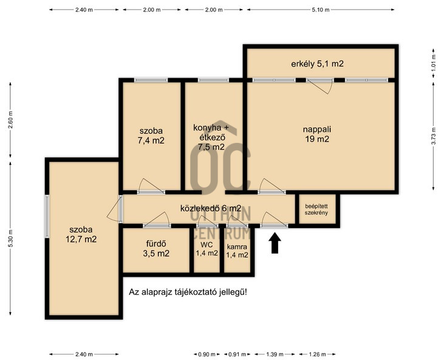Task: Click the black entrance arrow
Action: coord(275,243)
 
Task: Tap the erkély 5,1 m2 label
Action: coord(317,64)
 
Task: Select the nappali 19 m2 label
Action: coord(317,134)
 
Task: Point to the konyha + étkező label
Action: coord(211,133)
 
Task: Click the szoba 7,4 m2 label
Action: coord(151,136)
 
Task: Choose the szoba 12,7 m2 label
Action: coord(81,235)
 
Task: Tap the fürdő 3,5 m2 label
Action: coord(156,249)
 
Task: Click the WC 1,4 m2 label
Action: coord(207,249)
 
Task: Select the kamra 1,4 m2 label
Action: coord(237,251)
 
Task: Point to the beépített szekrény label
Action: coord(316,209)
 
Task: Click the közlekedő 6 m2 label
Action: coord(211,209)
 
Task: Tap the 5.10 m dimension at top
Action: coord(320,10)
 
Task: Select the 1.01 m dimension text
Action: coord(433,64)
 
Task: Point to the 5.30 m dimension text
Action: coord(10,238)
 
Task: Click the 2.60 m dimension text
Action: coord(10,120)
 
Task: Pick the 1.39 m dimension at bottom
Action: coord(275,354)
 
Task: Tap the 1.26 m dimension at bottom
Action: coord(317,354)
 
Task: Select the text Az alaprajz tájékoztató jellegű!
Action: coord(188,292)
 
